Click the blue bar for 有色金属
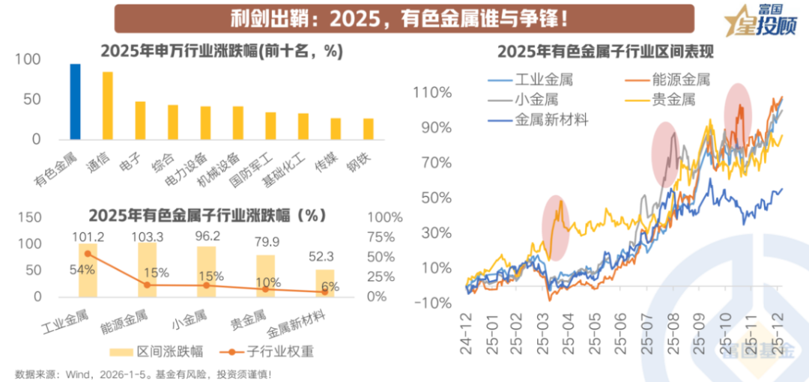pos(75,102)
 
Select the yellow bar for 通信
pos(108,106)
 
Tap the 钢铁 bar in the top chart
pos(368,129)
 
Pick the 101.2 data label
pos(88,236)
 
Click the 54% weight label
pos(82,270)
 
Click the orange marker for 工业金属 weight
pos(88,254)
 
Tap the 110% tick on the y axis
pos(431,93)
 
